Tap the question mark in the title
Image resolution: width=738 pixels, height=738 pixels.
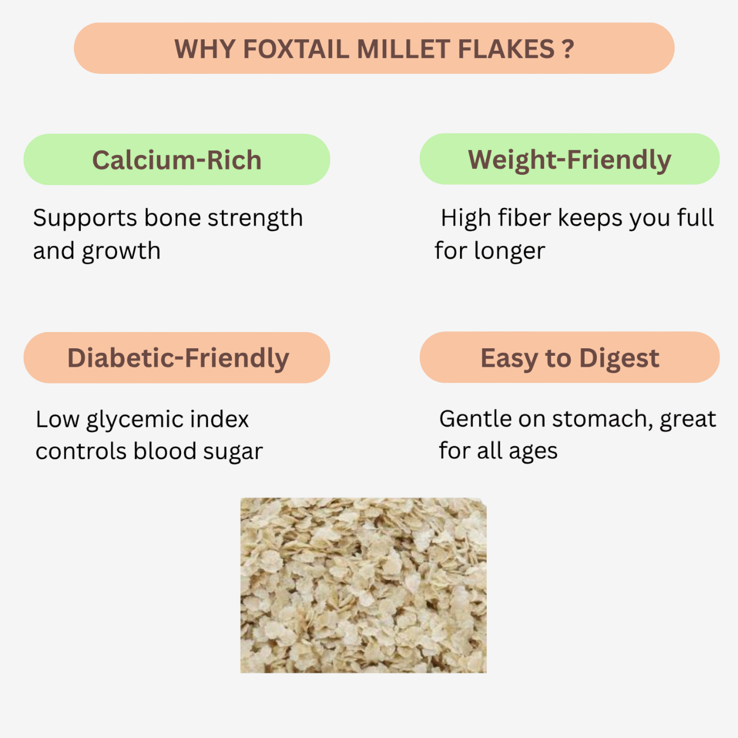coord(568,49)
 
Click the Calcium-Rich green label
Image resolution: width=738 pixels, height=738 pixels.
coord(176,160)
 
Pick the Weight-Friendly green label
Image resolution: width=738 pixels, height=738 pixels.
coord(569,159)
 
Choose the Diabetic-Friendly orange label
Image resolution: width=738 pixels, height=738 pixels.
coord(177,357)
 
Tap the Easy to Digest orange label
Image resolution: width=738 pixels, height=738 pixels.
coord(569,357)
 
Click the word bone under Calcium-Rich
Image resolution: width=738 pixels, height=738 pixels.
coord(172,218)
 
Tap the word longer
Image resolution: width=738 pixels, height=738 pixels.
coord(509,251)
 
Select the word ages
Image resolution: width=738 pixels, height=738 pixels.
coord(533,451)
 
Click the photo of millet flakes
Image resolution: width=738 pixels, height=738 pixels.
coord(363,585)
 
